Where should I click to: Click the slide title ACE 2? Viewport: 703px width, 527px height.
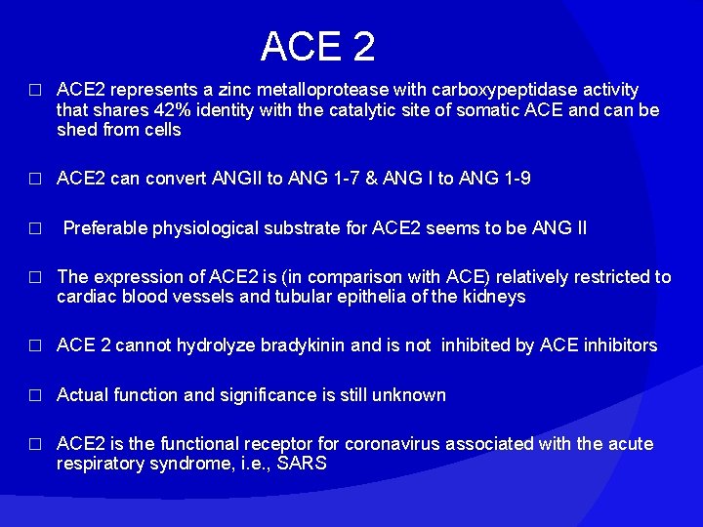point(317,46)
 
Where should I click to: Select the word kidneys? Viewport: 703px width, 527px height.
point(494,297)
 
